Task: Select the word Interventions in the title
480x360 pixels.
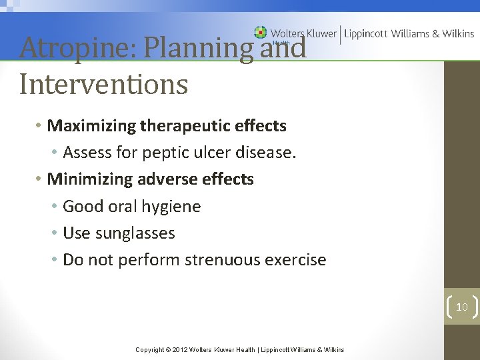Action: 103,85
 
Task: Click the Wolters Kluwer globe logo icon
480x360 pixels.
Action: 261,32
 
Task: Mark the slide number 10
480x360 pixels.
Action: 461,307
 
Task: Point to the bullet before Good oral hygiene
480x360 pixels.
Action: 54,207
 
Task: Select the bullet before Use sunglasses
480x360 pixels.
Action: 54,233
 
